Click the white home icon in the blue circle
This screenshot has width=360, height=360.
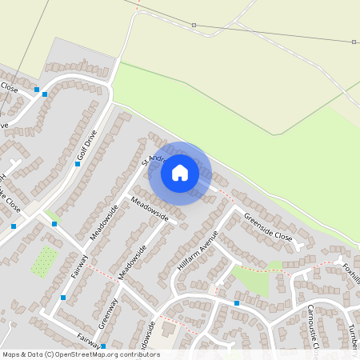180,172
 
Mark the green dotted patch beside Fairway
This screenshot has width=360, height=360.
44,262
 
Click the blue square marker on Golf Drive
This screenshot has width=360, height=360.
78,163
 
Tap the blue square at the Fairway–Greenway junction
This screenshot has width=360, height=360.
63,298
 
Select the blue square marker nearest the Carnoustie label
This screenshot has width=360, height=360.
237,303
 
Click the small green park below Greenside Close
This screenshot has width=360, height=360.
249,277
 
